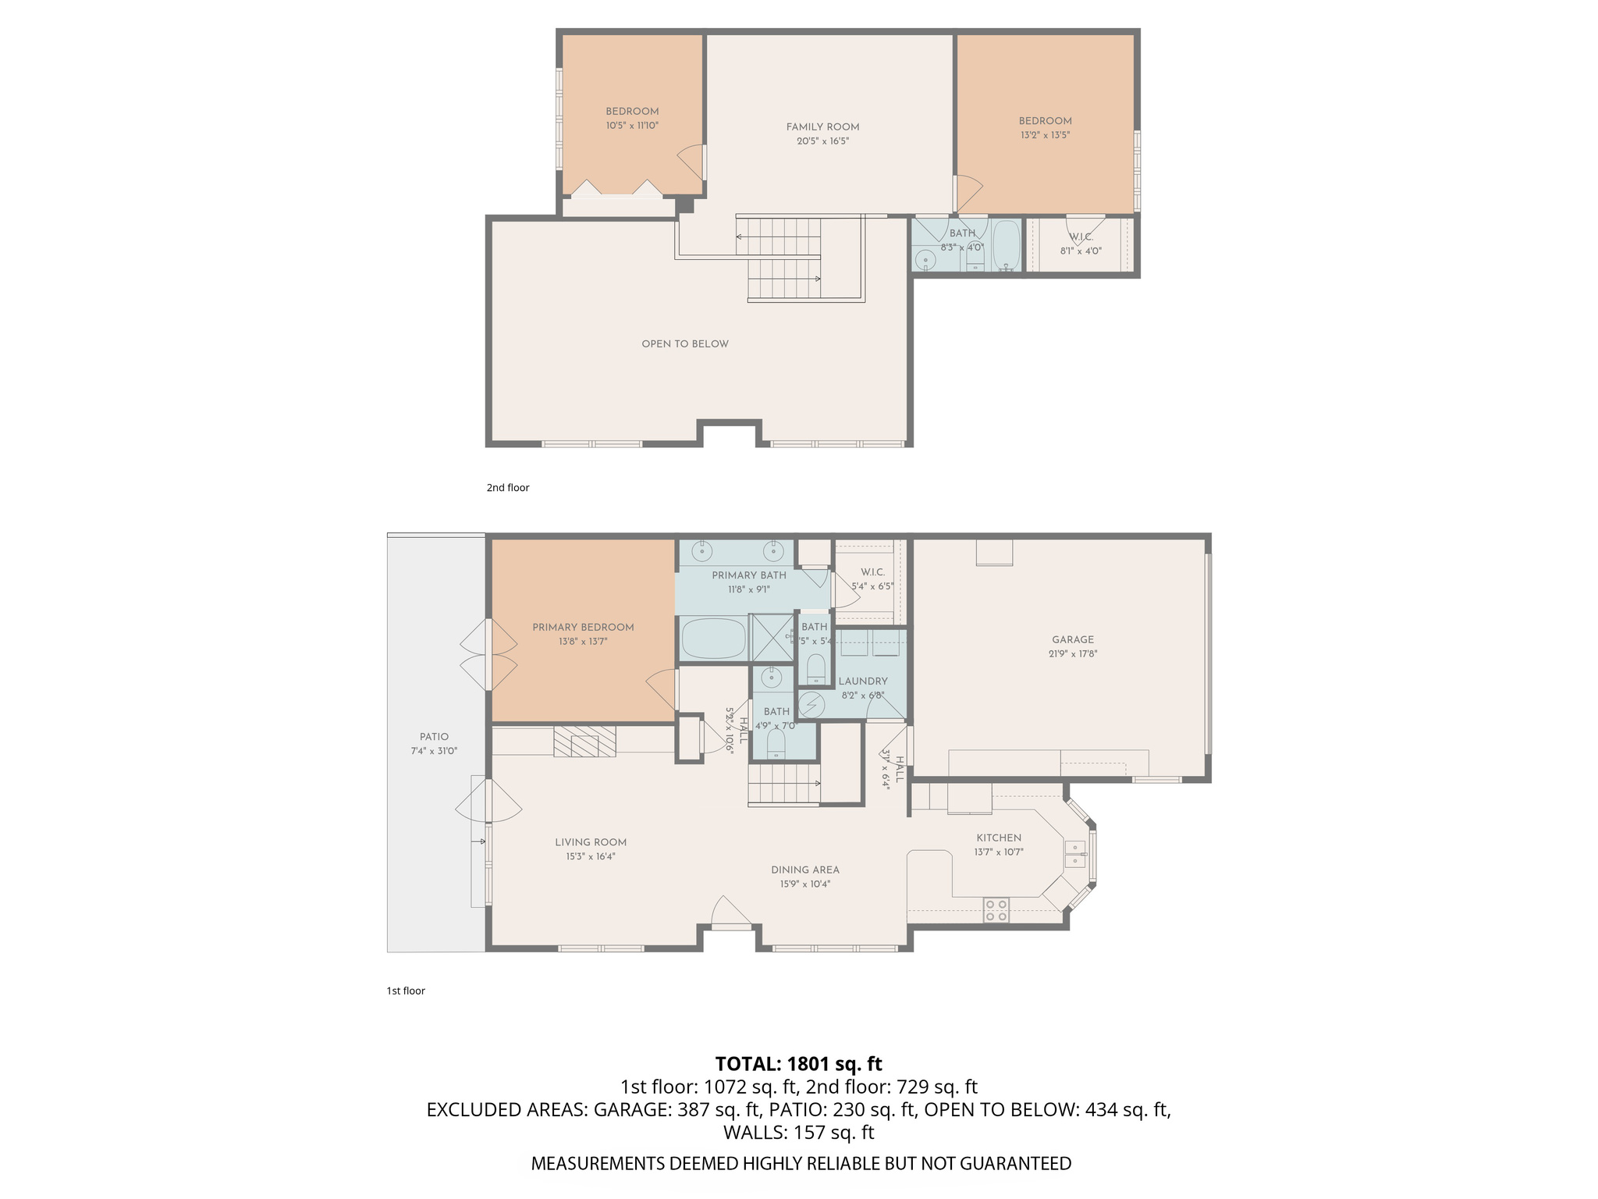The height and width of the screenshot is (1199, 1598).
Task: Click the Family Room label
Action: point(822,127)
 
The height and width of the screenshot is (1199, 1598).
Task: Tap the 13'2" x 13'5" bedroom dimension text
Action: point(1045,135)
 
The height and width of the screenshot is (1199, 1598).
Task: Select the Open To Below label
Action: point(685,344)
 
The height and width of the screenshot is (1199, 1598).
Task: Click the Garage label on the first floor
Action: point(1073,639)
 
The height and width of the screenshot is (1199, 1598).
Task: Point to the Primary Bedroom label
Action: point(583,628)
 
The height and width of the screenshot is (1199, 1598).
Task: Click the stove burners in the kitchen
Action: point(996,910)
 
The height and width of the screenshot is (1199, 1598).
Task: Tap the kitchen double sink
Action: point(1075,854)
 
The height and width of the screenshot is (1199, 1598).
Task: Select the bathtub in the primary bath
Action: point(714,639)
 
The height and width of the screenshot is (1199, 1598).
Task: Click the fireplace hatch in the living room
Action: point(584,742)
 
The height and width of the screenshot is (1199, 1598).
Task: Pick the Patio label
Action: point(434,737)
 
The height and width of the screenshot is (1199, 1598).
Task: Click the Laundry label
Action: point(863,681)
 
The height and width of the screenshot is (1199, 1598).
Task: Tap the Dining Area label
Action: point(805,870)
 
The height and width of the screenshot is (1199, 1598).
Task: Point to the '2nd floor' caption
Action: point(508,488)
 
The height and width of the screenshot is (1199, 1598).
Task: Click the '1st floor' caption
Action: point(406,991)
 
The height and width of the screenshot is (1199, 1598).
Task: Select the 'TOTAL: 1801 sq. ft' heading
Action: point(798,1064)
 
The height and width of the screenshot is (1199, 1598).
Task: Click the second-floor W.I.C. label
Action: point(1081,237)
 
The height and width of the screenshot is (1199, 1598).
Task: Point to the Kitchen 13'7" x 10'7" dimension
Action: point(999,852)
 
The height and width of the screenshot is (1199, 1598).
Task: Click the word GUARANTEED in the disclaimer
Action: point(1015,1164)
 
